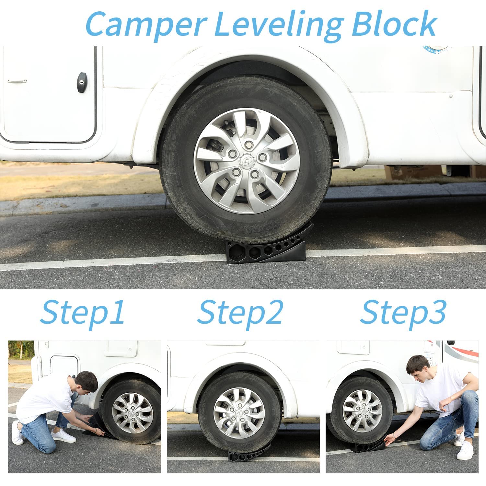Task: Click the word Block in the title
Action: pos(394,24)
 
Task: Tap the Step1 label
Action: pos(82,312)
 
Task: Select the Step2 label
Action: pos(240,312)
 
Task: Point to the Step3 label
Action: pos(403,312)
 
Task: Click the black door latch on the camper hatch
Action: pos(82,82)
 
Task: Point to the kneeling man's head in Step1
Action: pos(86,381)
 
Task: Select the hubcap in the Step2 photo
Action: pos(239,413)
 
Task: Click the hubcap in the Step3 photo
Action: pos(362,411)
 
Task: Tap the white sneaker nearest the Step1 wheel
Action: pos(63,436)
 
